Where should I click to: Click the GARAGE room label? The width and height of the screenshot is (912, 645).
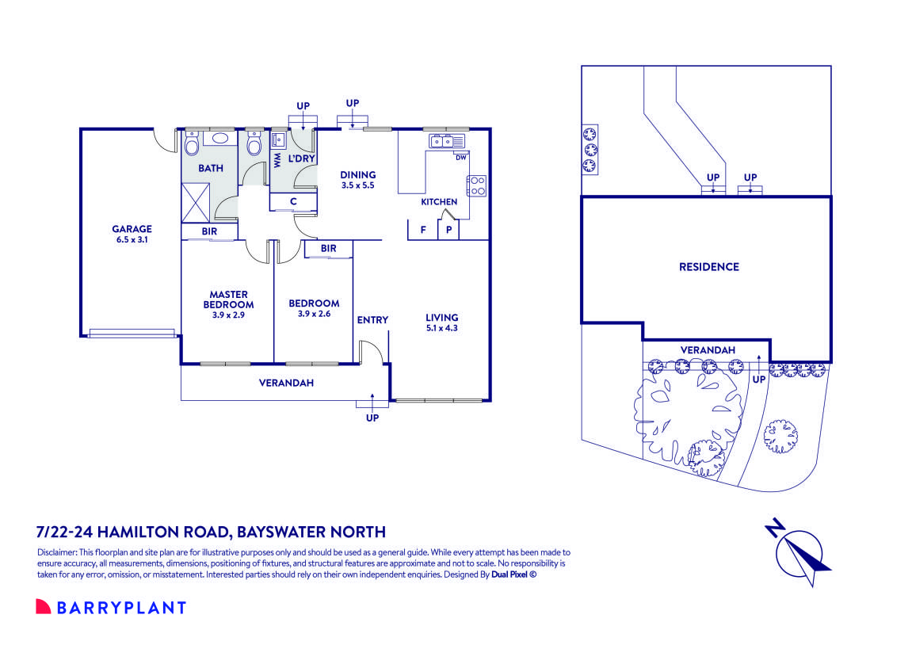[x=132, y=229]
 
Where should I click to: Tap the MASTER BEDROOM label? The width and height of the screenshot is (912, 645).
[x=228, y=300]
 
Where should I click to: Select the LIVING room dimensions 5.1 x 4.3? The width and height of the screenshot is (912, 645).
[x=441, y=327]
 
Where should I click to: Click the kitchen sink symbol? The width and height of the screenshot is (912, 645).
[x=447, y=142]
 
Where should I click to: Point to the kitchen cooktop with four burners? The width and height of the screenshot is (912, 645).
[x=477, y=185]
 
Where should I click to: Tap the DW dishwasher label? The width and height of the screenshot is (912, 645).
[x=460, y=157]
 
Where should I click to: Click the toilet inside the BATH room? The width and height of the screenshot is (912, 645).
[x=191, y=146]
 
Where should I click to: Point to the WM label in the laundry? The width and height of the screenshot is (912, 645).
[x=277, y=161]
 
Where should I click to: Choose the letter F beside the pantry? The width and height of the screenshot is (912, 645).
[x=422, y=230]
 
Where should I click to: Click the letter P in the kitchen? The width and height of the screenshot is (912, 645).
[x=448, y=230]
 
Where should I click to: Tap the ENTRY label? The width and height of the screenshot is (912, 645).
[x=372, y=320]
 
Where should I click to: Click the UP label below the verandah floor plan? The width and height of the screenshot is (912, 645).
[x=372, y=418]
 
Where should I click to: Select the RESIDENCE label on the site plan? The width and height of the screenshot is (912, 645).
[x=708, y=267]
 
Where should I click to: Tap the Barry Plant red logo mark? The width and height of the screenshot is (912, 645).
[x=43, y=607]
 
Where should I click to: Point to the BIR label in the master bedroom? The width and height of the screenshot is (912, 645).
[x=208, y=231]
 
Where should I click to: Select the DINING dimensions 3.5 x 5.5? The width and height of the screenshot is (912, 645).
[x=357, y=185]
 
